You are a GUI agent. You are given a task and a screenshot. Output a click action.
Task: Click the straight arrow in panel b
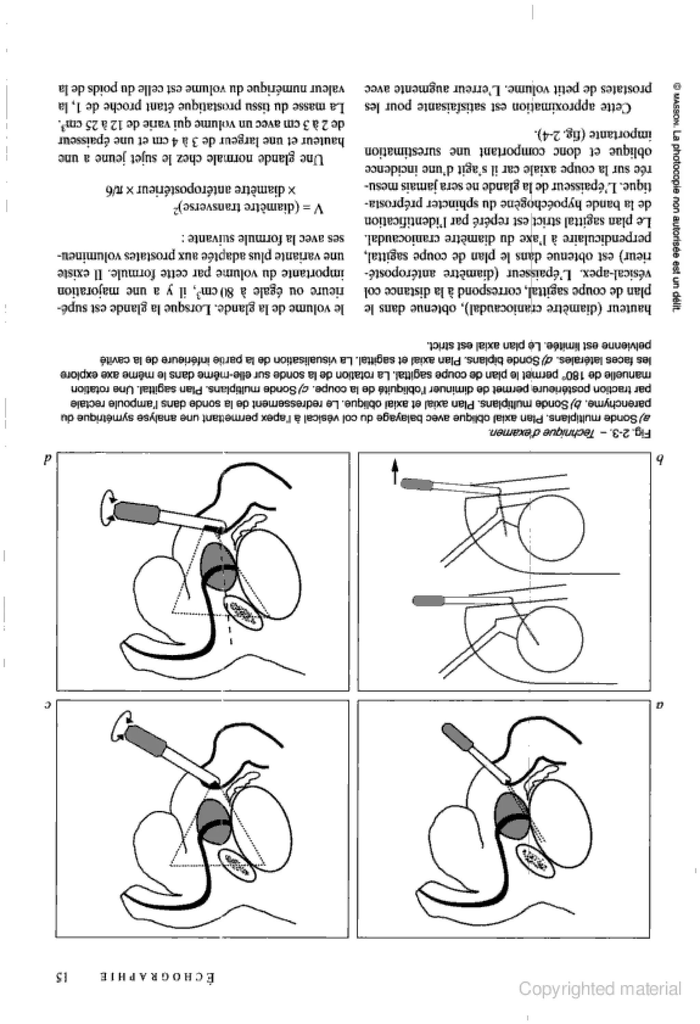(395, 470)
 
